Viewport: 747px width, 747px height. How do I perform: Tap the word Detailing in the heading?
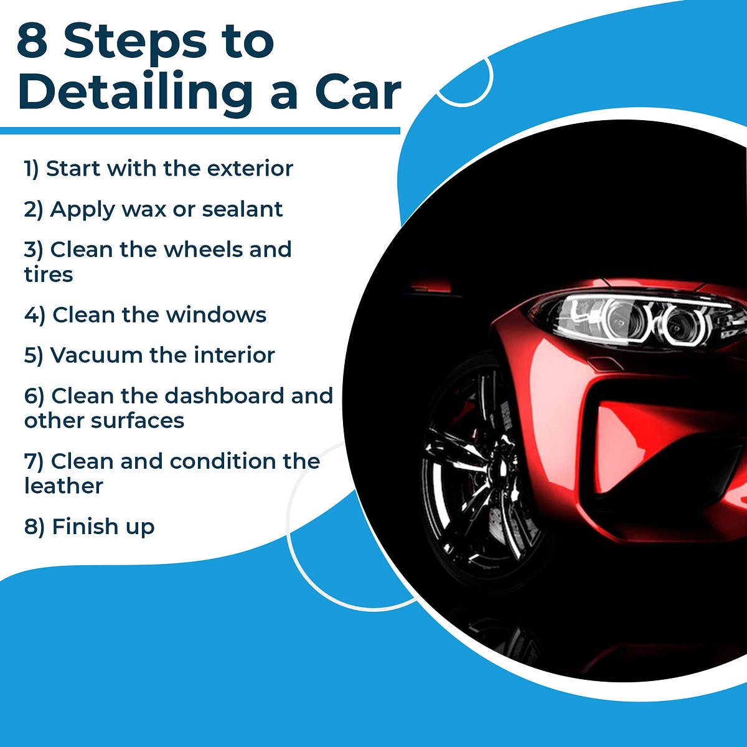tap(134, 92)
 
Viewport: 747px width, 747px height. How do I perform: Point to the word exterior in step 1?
tap(250, 169)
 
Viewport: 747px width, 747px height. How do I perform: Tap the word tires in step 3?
tap(49, 275)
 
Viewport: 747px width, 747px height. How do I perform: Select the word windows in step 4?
tap(216, 315)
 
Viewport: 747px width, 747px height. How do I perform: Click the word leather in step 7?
tap(63, 486)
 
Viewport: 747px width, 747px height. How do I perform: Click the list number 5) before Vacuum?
tap(34, 355)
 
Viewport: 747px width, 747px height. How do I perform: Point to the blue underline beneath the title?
tap(199, 131)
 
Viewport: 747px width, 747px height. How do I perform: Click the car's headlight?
tap(635, 319)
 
